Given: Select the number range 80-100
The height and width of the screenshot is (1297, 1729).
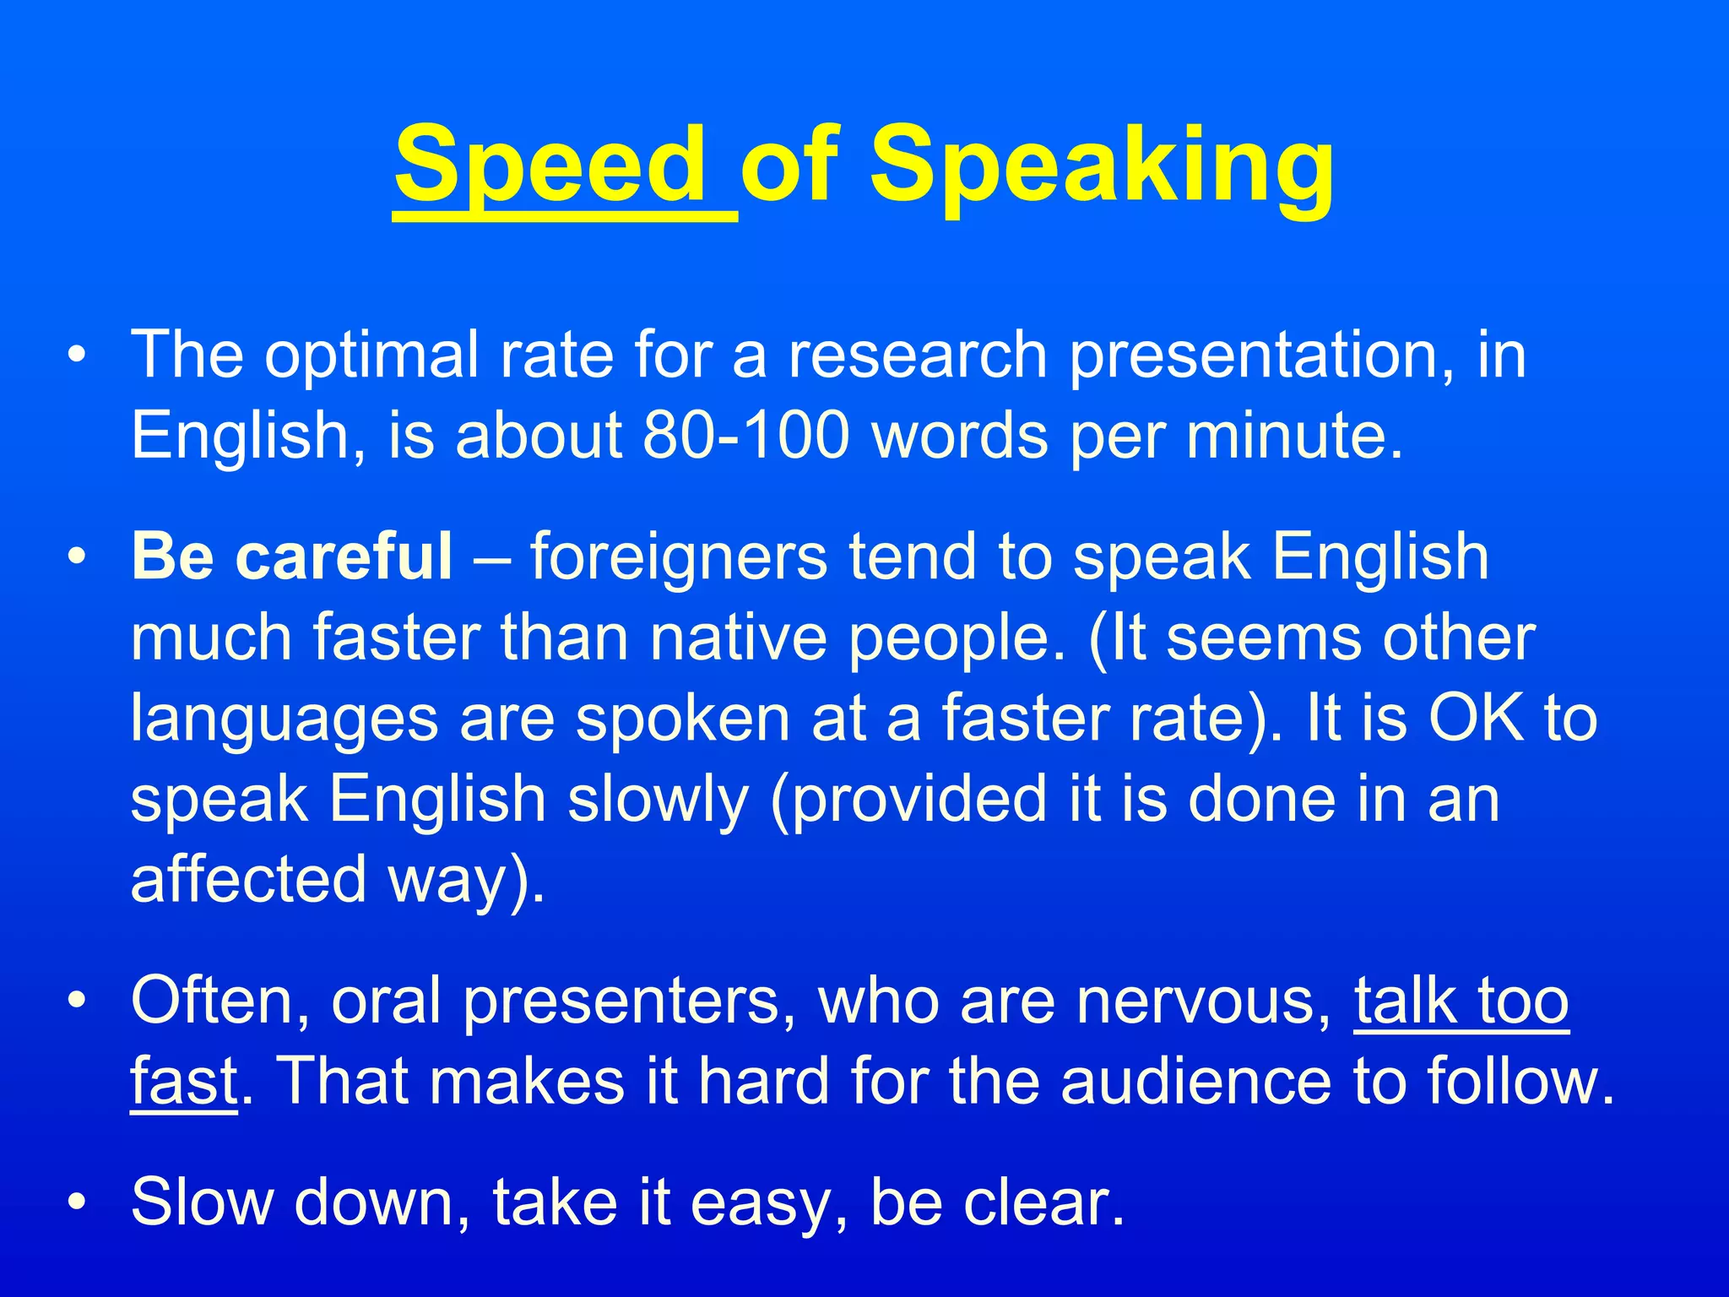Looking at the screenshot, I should pos(745,436).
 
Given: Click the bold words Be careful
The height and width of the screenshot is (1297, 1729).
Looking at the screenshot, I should pos(292,556).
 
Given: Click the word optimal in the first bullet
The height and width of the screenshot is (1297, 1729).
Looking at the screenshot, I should pos(371,355).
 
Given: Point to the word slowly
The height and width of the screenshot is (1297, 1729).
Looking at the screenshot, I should pos(659,800).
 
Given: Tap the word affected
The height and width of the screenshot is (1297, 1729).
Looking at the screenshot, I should pos(248,880).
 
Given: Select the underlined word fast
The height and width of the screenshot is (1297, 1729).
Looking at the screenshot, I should pos(184,1082).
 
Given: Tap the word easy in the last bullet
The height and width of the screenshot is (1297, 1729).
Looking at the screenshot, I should pos(759,1203).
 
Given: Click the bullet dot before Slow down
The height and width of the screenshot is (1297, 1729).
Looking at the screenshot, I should pos(77,1202).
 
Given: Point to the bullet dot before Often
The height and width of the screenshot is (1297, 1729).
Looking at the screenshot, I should pos(77,1001).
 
